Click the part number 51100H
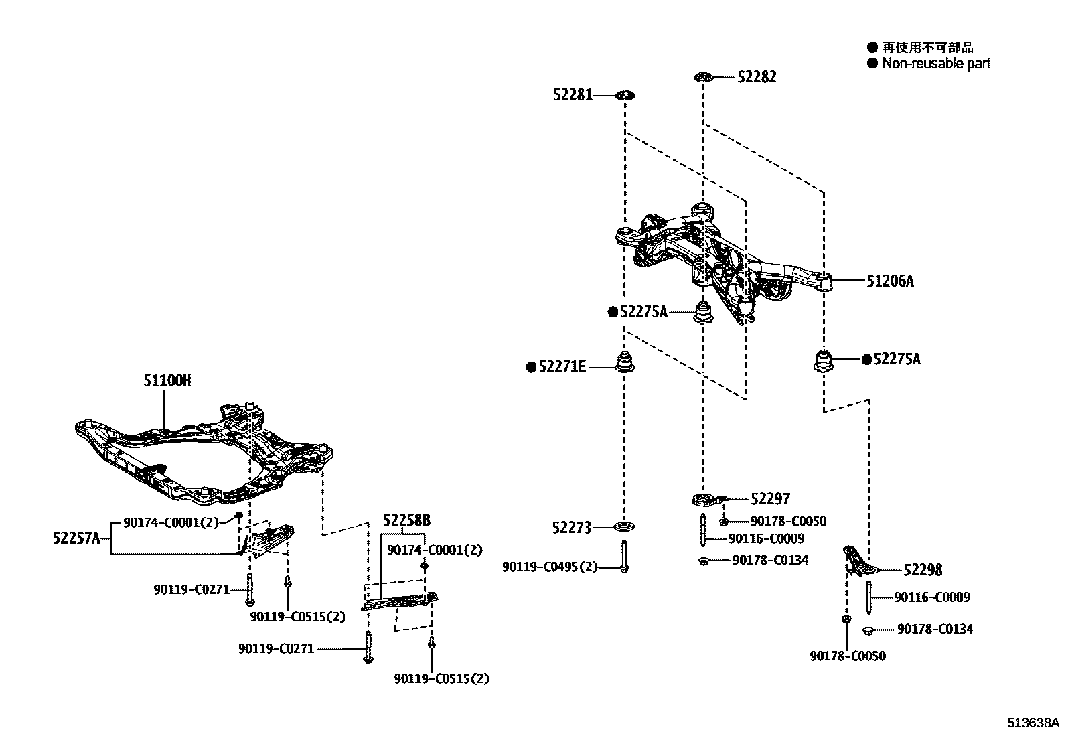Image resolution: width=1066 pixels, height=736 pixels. coord(167,381)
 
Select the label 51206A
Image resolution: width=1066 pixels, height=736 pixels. coord(890,281)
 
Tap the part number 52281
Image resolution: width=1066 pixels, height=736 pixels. coord(573,95)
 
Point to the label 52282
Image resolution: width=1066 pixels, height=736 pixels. coord(757,77)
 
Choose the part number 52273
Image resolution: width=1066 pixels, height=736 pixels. coord(572,528)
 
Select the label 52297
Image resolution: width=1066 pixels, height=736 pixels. coord(770,499)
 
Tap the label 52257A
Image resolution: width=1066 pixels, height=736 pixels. coord(76,537)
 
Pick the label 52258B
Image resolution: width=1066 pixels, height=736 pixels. coord(406,520)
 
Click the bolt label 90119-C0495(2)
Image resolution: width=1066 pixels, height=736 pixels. coord(550,567)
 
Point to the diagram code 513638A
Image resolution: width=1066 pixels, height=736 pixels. coord(1034,723)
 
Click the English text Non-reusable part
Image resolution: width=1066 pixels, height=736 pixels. coord(935,64)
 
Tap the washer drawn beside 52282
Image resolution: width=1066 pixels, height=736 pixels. coord(702,78)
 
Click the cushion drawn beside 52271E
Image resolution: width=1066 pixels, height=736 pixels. coord(625,362)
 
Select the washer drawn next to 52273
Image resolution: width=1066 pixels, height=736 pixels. coord(624,527)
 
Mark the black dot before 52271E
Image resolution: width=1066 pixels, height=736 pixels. coord(531,366)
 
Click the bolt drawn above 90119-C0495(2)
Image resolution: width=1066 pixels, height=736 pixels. coord(623,556)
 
